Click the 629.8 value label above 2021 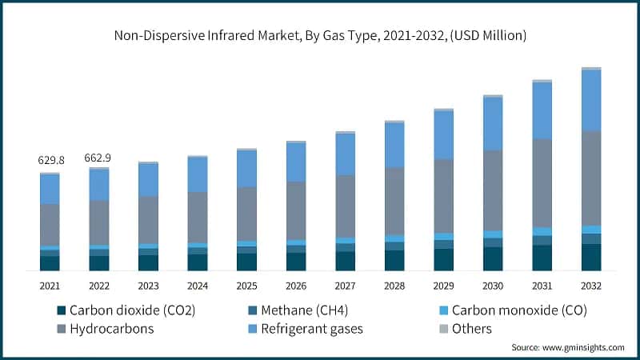50,160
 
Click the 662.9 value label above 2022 98,158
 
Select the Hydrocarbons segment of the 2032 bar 591,178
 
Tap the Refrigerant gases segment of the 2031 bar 542,110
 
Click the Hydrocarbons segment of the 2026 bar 296,210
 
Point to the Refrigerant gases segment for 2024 198,174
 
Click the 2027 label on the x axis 345,286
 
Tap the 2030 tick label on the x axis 493,286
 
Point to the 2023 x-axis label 148,286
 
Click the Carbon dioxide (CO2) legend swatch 60,310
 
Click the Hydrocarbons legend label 111,329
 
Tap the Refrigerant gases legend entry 317,329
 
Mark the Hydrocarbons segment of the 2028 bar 394,201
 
